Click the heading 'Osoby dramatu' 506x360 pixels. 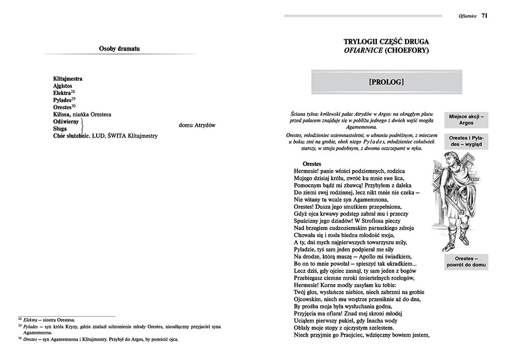pos(119,49)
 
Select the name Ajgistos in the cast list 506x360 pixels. pos(64,86)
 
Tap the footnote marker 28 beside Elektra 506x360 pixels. pos(73,92)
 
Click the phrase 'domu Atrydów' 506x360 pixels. pos(197,125)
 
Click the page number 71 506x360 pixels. pos(484,15)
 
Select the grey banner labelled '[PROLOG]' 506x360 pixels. pos(387,81)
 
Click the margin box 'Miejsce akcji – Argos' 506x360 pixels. pos(466,119)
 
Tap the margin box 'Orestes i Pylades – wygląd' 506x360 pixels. pos(466,141)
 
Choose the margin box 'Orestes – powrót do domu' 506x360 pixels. pos(466,262)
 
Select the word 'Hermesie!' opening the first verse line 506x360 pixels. pos(308,172)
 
